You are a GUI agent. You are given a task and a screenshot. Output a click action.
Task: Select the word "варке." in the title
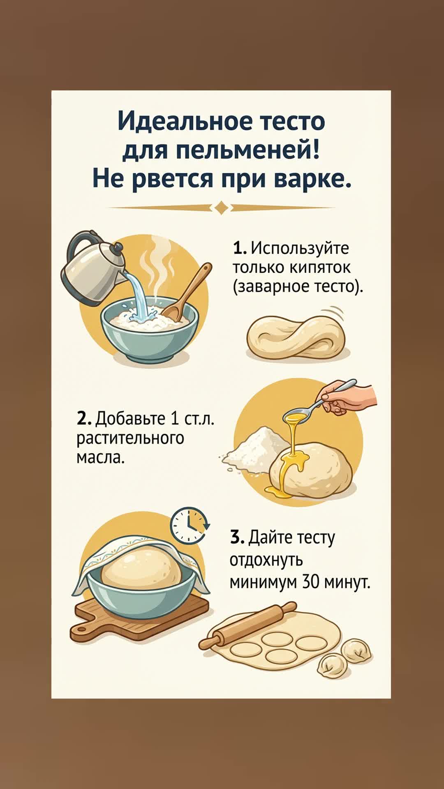(x=312, y=179)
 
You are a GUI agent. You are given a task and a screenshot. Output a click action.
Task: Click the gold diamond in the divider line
(x=222, y=208)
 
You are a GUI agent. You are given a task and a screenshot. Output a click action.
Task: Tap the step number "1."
(x=239, y=248)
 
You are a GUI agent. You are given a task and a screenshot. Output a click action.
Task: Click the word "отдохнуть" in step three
(x=266, y=560)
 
